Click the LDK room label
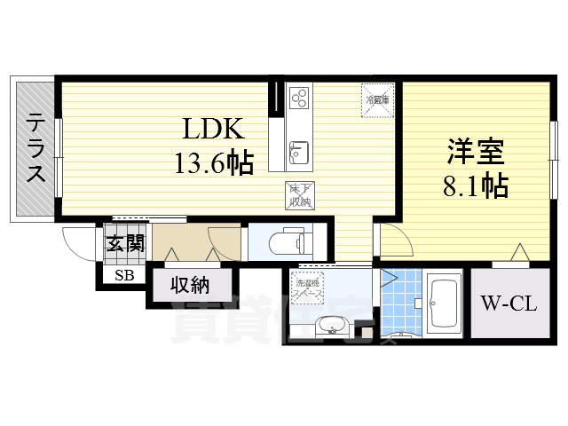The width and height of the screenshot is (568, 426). pos(213,130)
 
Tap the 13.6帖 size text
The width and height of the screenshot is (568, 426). pos(213,162)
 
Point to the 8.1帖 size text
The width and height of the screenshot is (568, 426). pos(475,185)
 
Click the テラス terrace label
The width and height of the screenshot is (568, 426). pos(35,147)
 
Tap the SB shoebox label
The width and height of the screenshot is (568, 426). pos(123,275)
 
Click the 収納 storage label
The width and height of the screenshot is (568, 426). pos(189,287)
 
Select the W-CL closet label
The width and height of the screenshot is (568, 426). pos(509,304)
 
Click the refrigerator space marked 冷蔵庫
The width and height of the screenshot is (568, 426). pos(373,96)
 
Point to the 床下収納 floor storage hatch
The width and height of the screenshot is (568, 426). pos(298,194)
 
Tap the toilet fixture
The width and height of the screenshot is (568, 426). pos(288,240)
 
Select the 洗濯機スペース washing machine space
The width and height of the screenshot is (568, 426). pos(311,288)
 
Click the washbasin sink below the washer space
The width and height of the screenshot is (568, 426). pos(330,326)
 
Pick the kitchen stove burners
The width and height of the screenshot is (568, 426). pos(298,95)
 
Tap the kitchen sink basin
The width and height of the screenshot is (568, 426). pos(297,152)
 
